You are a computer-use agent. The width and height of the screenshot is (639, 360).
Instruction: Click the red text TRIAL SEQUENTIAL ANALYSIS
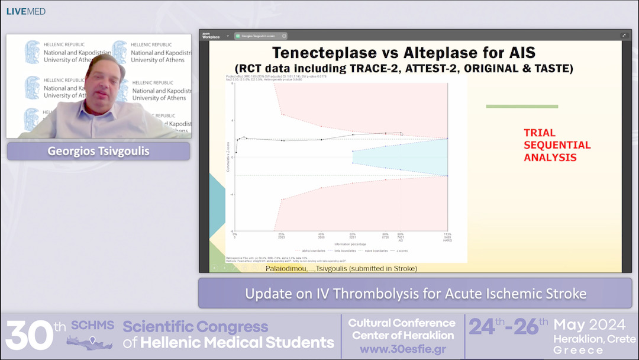tap(557, 145)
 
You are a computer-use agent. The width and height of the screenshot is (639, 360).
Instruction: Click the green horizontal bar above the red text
tap(522, 107)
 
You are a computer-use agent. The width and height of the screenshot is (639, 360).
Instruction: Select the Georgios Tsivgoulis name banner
tap(98, 151)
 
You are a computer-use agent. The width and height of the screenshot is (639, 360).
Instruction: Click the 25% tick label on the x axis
tap(282, 234)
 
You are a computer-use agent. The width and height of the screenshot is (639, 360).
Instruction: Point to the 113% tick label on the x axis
tap(447, 234)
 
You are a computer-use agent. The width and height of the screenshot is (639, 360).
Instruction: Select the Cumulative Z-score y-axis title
tap(228, 157)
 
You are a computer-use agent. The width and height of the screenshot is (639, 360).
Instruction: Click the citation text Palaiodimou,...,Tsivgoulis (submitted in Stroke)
tap(341, 268)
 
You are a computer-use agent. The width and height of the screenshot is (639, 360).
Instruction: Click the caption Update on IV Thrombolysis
tap(415, 293)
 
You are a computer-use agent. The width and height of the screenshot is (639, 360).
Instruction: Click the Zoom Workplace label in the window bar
tap(211, 36)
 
